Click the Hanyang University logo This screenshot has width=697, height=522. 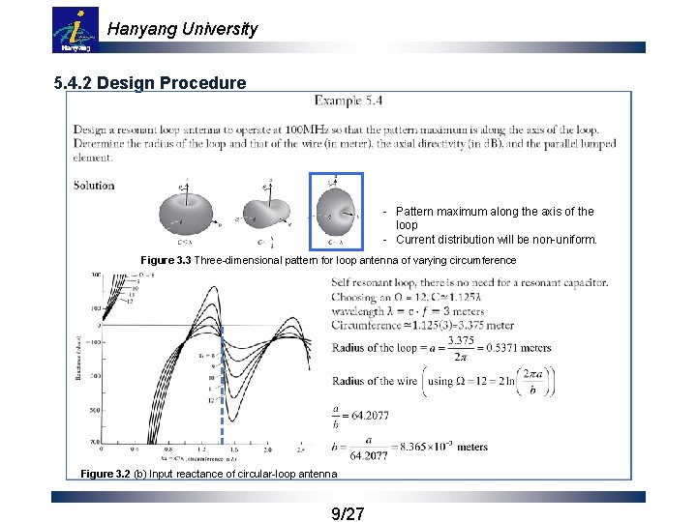(x=75, y=29)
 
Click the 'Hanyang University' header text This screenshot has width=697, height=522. (x=182, y=29)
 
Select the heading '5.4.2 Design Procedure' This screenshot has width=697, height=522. (x=150, y=83)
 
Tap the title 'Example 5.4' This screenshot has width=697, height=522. (x=349, y=101)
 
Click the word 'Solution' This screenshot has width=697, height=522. (x=94, y=185)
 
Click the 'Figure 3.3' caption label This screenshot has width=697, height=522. (x=171, y=261)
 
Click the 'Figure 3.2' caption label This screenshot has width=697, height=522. (x=110, y=474)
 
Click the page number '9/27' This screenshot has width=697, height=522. (x=348, y=513)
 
